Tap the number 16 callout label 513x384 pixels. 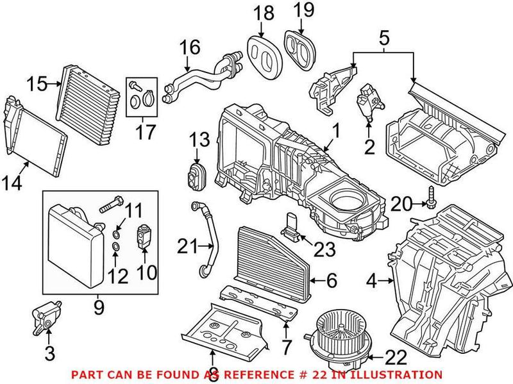(189, 47)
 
